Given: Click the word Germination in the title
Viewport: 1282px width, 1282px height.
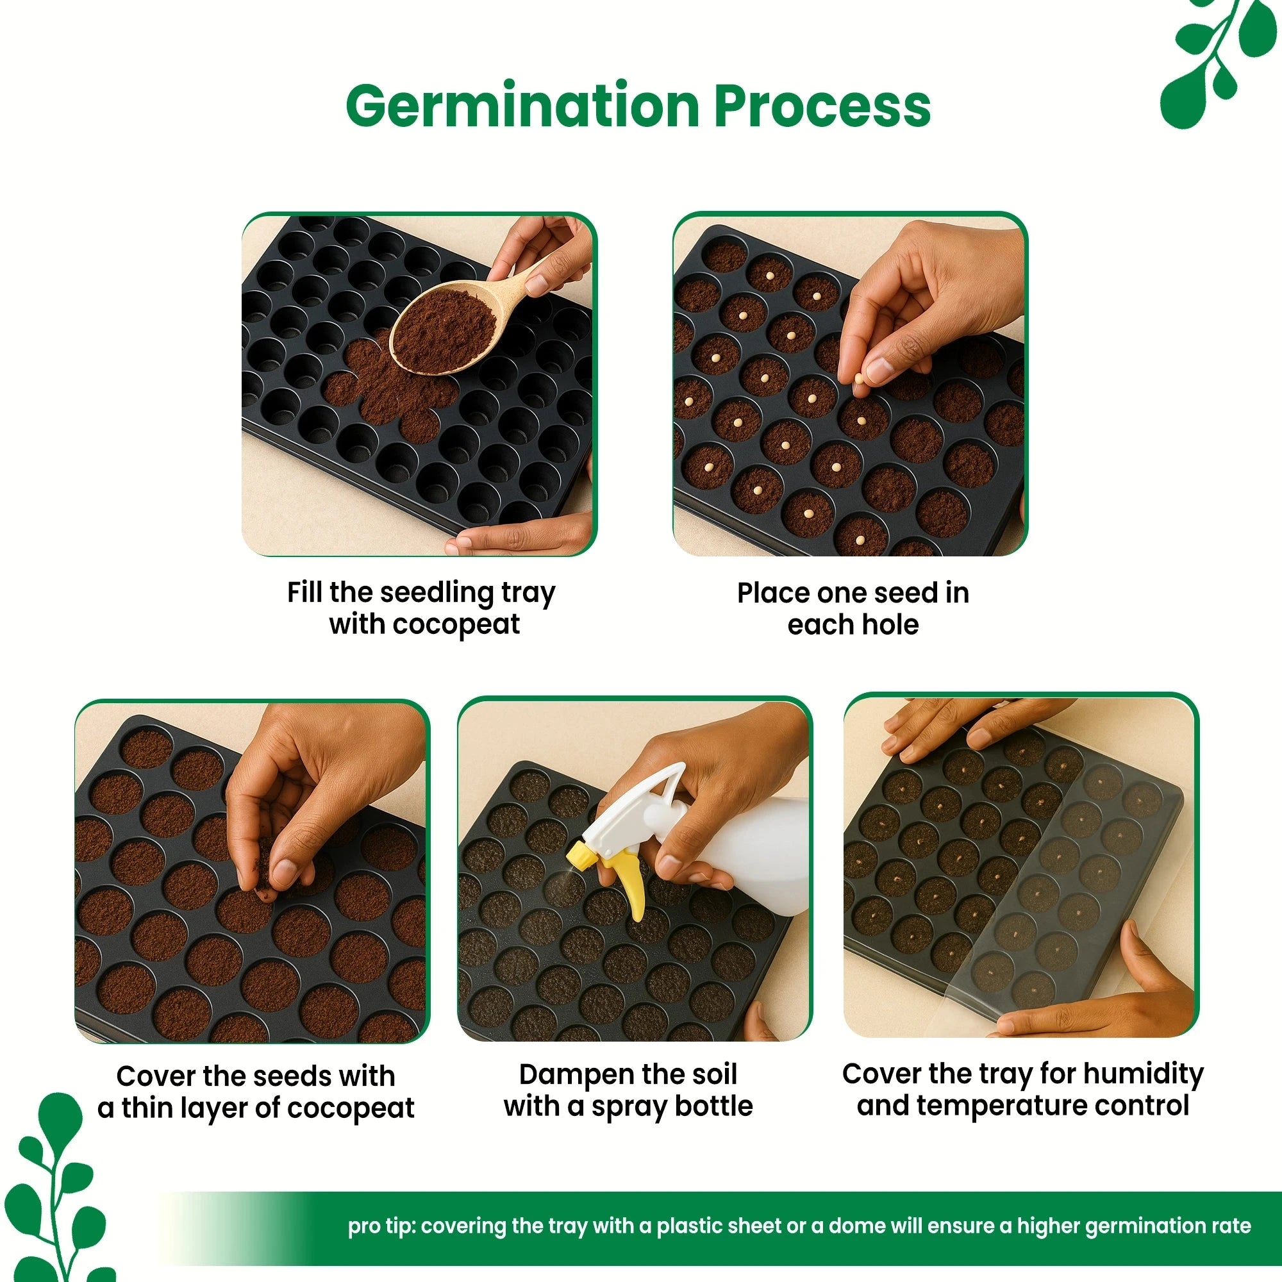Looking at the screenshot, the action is tap(523, 106).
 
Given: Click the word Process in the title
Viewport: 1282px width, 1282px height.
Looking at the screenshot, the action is tap(823, 106).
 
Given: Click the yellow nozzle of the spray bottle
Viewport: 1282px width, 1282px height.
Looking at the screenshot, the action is tap(581, 854).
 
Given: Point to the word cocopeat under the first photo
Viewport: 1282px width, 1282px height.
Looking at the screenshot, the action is tap(457, 625).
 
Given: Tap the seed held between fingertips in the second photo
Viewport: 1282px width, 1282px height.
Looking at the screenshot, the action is tap(859, 379).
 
